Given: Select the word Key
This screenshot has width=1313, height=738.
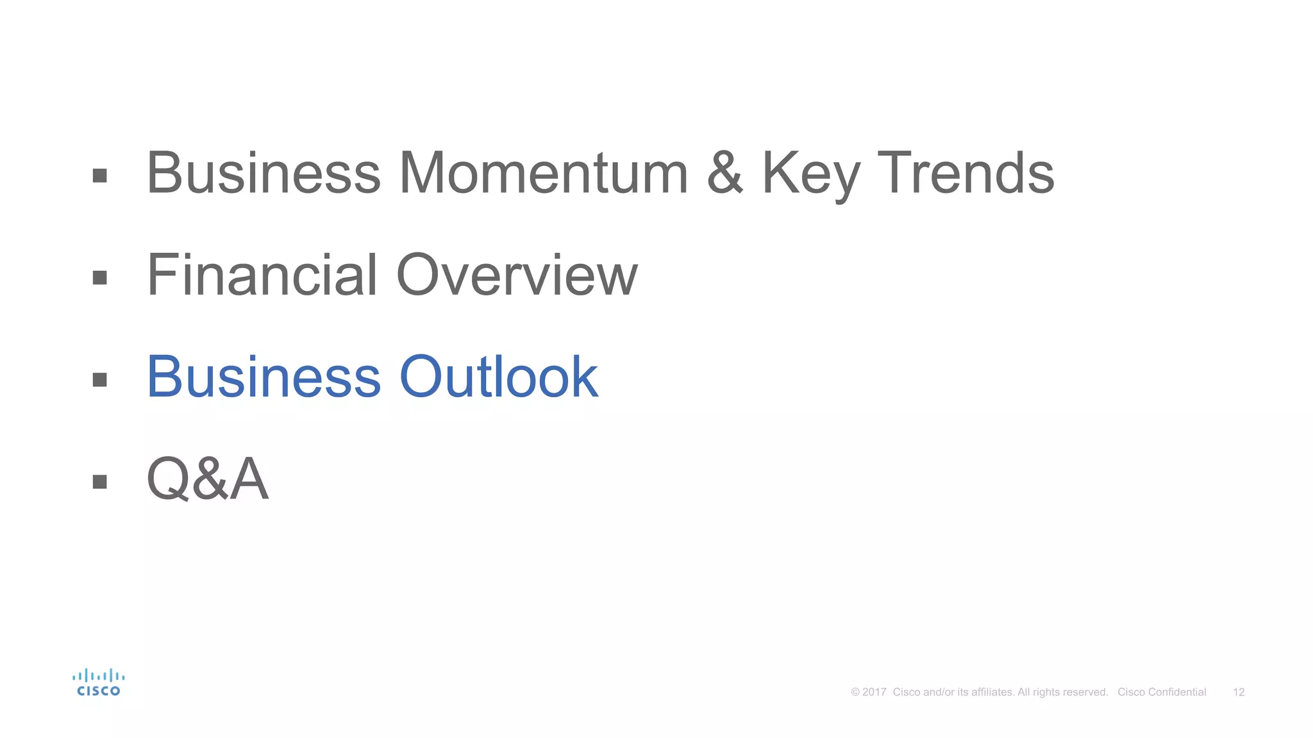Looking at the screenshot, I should point(810,174).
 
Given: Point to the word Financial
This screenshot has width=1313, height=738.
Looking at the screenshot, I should point(262,275).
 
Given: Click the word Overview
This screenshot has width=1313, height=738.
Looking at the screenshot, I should point(517,275).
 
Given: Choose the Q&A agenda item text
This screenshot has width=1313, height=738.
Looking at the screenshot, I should point(207,479).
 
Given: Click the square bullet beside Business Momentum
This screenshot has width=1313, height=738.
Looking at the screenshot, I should point(99,176).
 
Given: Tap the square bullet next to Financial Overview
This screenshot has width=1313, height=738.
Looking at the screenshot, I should point(99,277).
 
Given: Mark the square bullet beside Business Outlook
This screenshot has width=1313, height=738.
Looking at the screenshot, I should point(99,379).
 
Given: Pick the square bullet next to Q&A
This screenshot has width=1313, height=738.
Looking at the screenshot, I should point(99,481).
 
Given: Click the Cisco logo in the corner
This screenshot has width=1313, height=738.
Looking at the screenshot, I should point(98,683).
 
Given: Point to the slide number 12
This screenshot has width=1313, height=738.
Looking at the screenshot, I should point(1239,692).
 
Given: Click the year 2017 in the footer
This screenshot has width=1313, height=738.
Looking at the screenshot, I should point(874,692).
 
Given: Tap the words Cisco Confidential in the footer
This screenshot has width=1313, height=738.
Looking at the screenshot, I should point(1162,692).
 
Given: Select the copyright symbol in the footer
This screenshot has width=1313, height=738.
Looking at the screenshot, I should point(855,692).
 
